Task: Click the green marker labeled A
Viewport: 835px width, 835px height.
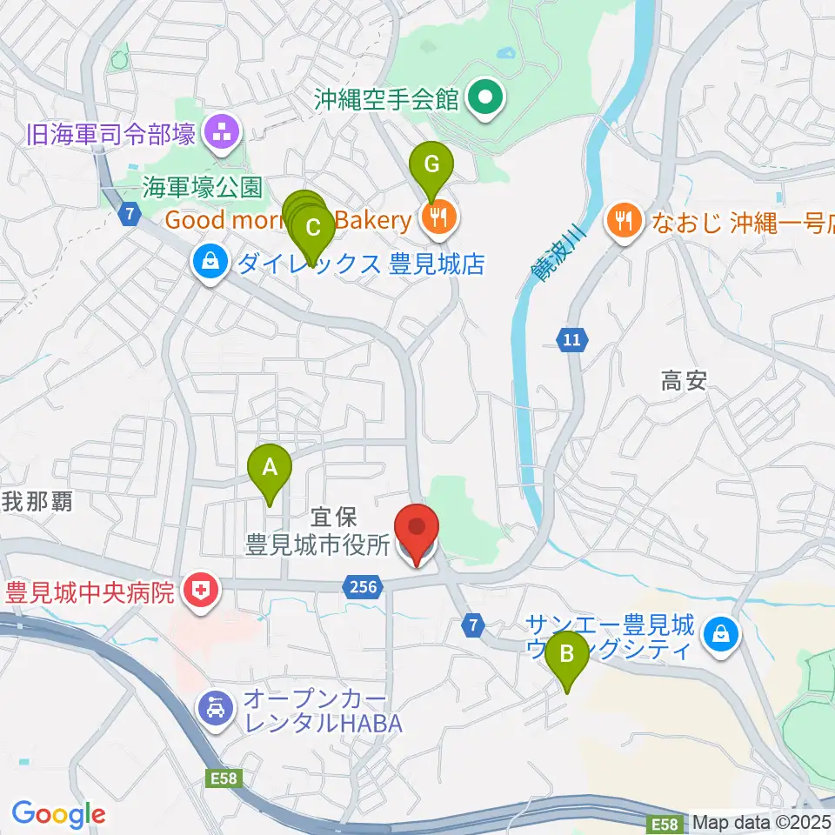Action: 270,467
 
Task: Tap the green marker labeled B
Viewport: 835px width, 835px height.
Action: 566,652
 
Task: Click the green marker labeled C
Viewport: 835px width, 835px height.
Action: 312,229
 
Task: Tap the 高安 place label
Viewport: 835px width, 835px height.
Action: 684,380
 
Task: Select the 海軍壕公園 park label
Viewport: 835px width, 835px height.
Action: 204,186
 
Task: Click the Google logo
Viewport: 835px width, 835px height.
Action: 58,814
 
